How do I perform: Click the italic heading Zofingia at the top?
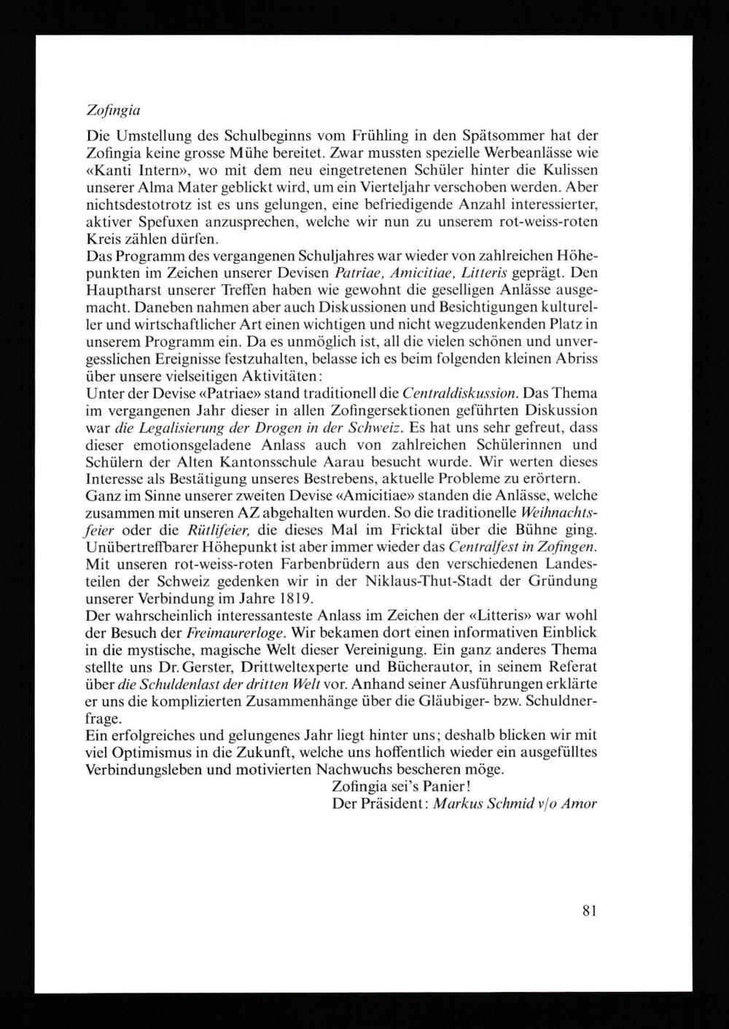[113, 112]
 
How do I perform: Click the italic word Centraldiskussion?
[460, 395]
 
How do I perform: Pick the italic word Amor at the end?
[581, 804]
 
